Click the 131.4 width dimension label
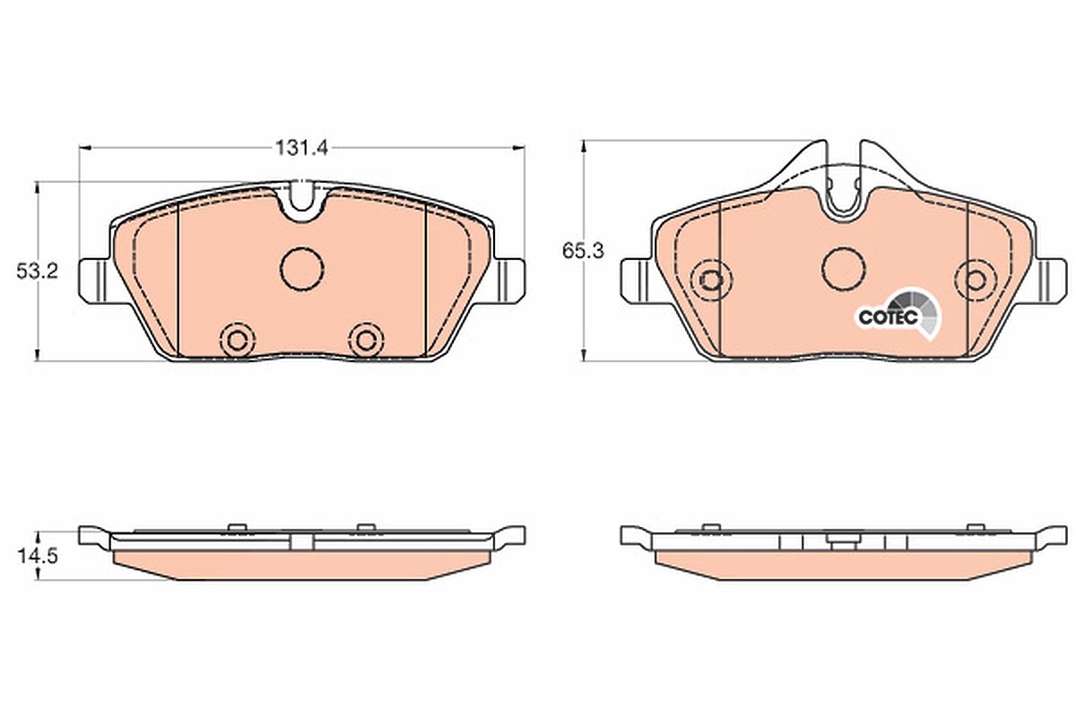click(301, 148)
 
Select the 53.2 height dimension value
click(37, 272)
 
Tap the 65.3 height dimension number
click(583, 251)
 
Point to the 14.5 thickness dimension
click(38, 557)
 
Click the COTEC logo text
click(889, 317)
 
